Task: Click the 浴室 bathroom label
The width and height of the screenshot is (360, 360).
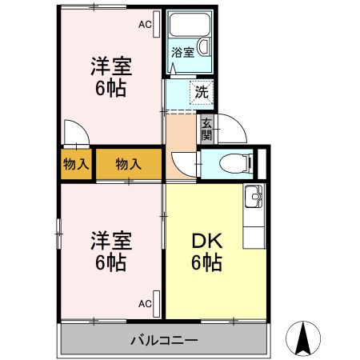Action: [183, 53]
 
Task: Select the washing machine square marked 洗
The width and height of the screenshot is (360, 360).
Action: [201, 92]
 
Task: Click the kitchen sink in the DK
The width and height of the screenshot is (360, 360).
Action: [254, 194]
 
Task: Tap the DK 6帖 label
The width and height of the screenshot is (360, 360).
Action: [206, 252]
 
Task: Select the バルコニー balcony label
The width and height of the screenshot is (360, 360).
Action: [164, 340]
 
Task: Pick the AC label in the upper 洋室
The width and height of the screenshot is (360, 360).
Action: [145, 25]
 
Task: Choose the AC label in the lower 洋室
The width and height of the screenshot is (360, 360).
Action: [145, 304]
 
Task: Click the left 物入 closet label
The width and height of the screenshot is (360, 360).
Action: [75, 165]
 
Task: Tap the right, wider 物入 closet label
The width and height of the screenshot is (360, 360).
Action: [128, 165]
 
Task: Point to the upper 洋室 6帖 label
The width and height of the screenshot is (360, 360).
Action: [110, 78]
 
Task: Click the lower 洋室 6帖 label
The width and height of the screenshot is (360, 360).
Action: [110, 250]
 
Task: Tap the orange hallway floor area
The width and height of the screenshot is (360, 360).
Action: [182, 132]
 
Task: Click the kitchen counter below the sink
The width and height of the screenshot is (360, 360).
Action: [254, 224]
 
